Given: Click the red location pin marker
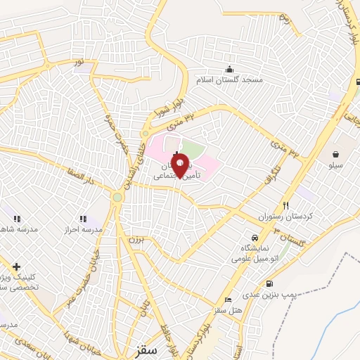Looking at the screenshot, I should pos(180,163).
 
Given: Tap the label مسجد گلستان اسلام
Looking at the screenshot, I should pos(233,81).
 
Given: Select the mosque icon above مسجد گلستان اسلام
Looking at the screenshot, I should pos(229,69).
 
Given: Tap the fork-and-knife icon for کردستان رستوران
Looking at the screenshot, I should pos(285,205).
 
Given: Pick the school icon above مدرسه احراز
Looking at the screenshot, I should pos(83,219).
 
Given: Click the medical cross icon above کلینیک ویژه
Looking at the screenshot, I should pos(16,266).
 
